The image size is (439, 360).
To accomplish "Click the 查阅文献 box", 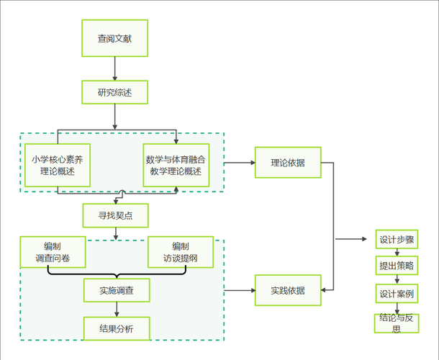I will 114,39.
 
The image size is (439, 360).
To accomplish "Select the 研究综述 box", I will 114,92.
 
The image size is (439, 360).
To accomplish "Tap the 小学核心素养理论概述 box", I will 57,166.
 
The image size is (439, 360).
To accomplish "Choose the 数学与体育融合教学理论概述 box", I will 176,166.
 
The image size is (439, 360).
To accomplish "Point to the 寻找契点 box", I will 115,214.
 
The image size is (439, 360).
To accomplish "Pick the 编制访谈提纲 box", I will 180,252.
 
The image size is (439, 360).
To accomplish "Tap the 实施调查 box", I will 117,290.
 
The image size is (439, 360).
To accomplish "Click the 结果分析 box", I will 117,329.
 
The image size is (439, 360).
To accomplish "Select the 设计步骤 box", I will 396,240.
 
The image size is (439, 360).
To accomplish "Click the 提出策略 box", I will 396,266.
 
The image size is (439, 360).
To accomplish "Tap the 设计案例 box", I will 396,294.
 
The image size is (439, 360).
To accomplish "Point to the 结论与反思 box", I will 396,323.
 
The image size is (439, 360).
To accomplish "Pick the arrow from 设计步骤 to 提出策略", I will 396,253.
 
